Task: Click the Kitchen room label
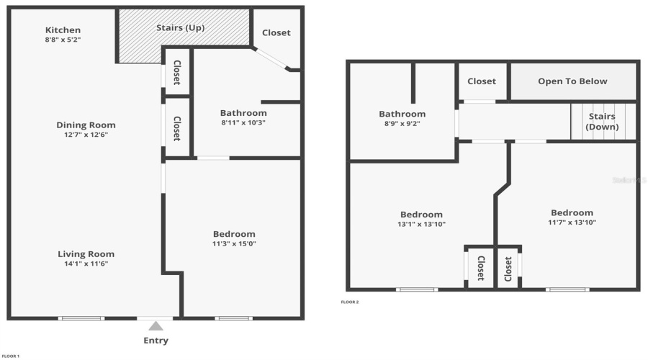click(63, 30)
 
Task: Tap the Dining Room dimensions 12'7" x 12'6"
click(86, 135)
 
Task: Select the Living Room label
click(86, 254)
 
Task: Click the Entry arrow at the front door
click(156, 326)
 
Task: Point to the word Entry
click(156, 341)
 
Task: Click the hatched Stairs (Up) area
click(184, 36)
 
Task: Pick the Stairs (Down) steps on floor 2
click(603, 122)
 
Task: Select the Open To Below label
click(572, 81)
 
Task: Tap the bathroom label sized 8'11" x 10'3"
click(243, 113)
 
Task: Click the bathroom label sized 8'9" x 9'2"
click(402, 114)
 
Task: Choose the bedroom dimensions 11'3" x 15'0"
click(234, 244)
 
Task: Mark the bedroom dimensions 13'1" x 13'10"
click(421, 225)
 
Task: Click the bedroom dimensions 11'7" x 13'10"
click(572, 222)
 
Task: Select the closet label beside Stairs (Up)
click(276, 32)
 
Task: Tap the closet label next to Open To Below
click(482, 81)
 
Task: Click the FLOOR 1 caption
click(10, 356)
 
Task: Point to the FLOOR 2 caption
click(349, 302)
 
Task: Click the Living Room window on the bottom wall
click(81, 318)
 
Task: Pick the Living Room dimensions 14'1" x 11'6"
click(86, 264)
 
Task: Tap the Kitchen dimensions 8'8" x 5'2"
click(63, 40)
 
